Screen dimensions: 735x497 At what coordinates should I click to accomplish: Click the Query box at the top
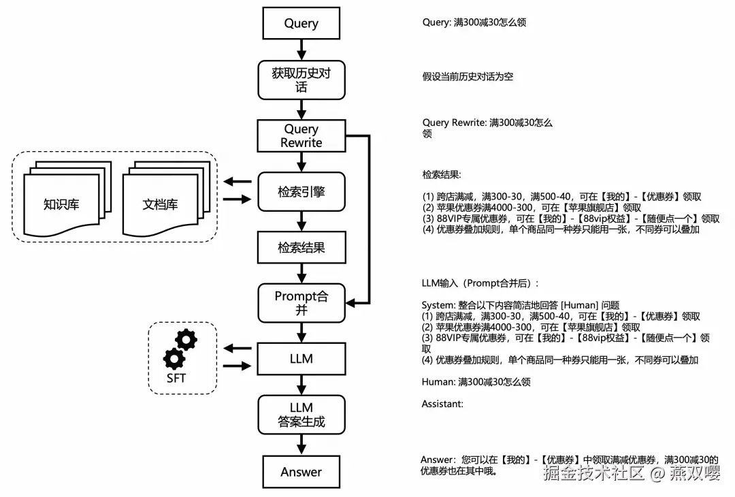pos(301,23)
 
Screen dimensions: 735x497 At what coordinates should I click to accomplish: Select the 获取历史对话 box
pos(301,80)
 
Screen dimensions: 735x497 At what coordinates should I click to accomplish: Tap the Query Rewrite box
pos(301,135)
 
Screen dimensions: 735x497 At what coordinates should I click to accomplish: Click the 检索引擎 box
pos(301,192)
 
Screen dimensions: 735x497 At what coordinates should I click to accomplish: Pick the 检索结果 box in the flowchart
pos(301,247)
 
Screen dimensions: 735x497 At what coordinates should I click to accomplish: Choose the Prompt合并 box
pos(301,303)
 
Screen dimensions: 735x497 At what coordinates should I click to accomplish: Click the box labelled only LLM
pos(301,359)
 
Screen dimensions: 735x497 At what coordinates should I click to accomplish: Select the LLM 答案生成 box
pos(301,415)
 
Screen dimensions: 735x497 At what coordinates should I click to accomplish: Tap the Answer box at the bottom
pos(301,472)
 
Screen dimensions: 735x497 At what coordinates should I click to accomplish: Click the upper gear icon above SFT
pos(186,340)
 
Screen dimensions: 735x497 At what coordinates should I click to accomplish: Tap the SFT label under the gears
pos(176,378)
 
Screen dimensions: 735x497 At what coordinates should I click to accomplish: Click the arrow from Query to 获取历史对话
pos(301,50)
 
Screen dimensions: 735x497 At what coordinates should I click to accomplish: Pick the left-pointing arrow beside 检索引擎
pos(238,182)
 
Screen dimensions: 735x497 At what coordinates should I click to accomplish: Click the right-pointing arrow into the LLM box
pos(238,366)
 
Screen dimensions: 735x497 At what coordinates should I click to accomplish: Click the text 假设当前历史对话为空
pos(468,76)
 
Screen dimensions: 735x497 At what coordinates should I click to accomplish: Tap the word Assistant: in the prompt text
pos(442,404)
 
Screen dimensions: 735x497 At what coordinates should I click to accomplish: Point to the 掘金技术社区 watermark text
pos(593,472)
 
